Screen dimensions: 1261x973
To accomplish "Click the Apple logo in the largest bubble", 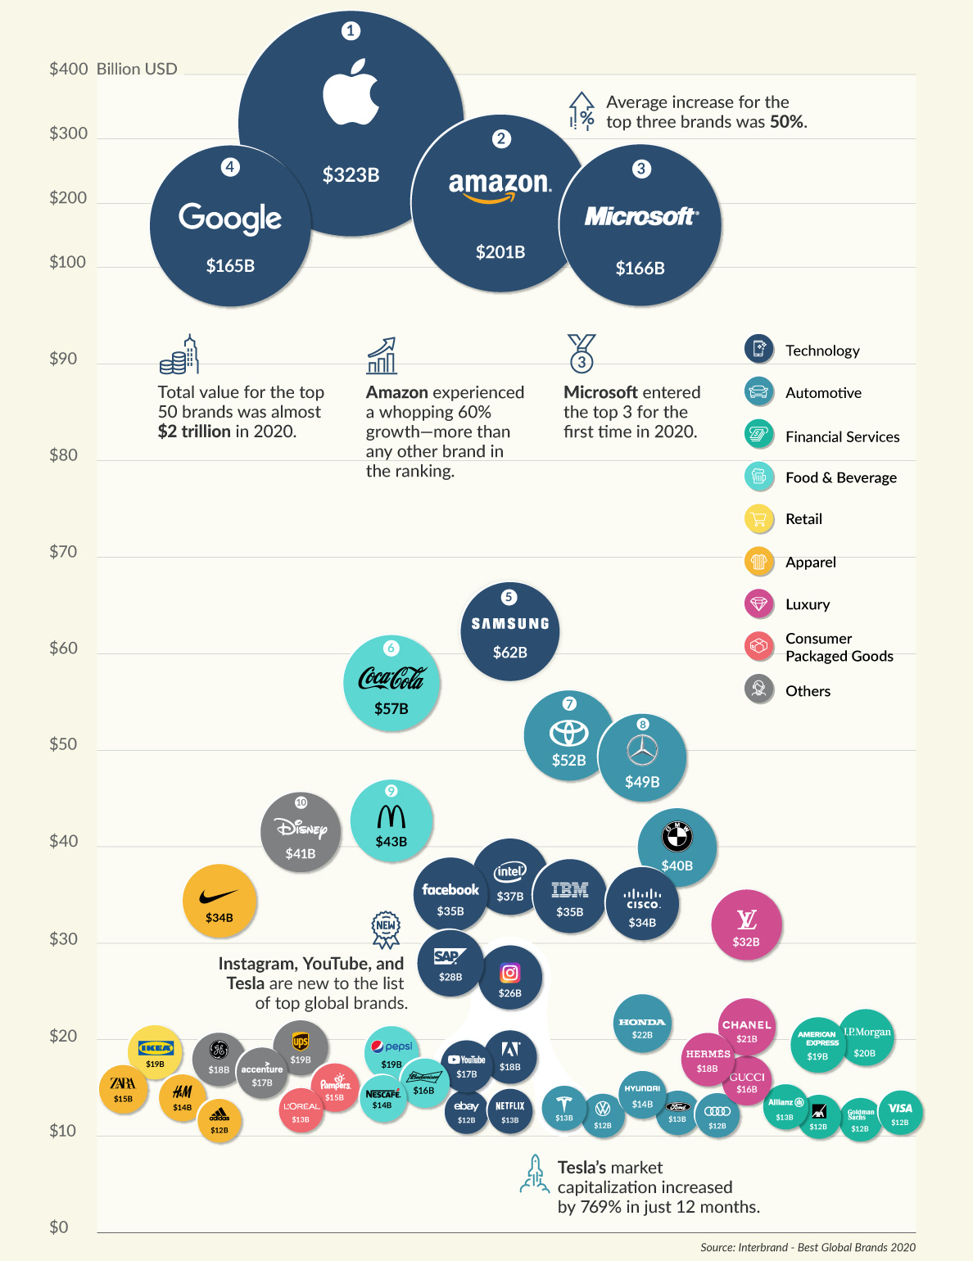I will [x=351, y=93].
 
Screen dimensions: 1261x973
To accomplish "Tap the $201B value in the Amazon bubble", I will [x=500, y=252].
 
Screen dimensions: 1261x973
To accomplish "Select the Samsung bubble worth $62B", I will [x=509, y=632].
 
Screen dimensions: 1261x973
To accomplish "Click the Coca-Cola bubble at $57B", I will [x=391, y=684].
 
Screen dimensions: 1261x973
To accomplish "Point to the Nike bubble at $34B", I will [x=219, y=902].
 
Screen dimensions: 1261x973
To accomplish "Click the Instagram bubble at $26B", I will [x=509, y=978].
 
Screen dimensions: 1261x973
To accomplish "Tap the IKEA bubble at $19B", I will [x=155, y=1051].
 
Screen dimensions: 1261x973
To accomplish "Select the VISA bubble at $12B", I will [x=900, y=1113].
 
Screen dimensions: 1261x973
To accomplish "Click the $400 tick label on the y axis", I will [x=68, y=69].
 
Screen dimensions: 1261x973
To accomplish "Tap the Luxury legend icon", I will [x=759, y=604].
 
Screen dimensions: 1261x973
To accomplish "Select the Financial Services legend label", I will [x=842, y=437].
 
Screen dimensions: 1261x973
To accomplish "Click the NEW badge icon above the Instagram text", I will [x=386, y=929].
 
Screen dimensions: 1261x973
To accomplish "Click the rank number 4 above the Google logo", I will [x=230, y=167].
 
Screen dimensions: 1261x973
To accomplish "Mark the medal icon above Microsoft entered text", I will [x=582, y=353].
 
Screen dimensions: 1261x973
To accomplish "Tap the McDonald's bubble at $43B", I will [x=391, y=820].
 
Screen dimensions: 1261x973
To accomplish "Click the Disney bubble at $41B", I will [x=301, y=832].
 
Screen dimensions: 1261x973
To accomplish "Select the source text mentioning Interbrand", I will [x=808, y=1247].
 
